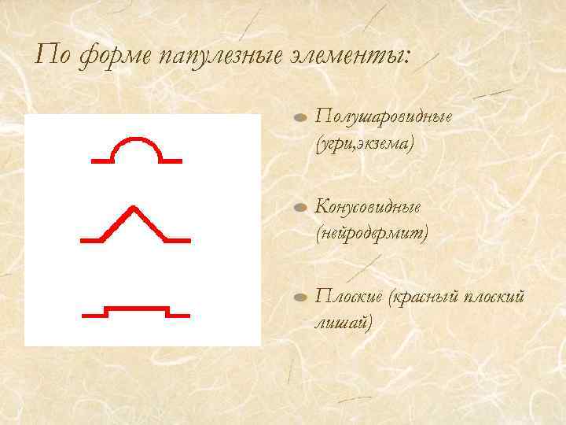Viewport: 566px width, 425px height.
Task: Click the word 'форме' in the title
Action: click(x=113, y=56)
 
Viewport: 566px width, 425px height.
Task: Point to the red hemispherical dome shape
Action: click(x=138, y=150)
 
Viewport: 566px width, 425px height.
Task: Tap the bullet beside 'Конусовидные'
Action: click(x=300, y=209)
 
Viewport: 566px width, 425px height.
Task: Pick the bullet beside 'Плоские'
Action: click(x=300, y=298)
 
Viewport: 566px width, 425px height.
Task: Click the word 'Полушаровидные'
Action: click(x=383, y=117)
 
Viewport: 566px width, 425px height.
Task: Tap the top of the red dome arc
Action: click(x=138, y=139)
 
